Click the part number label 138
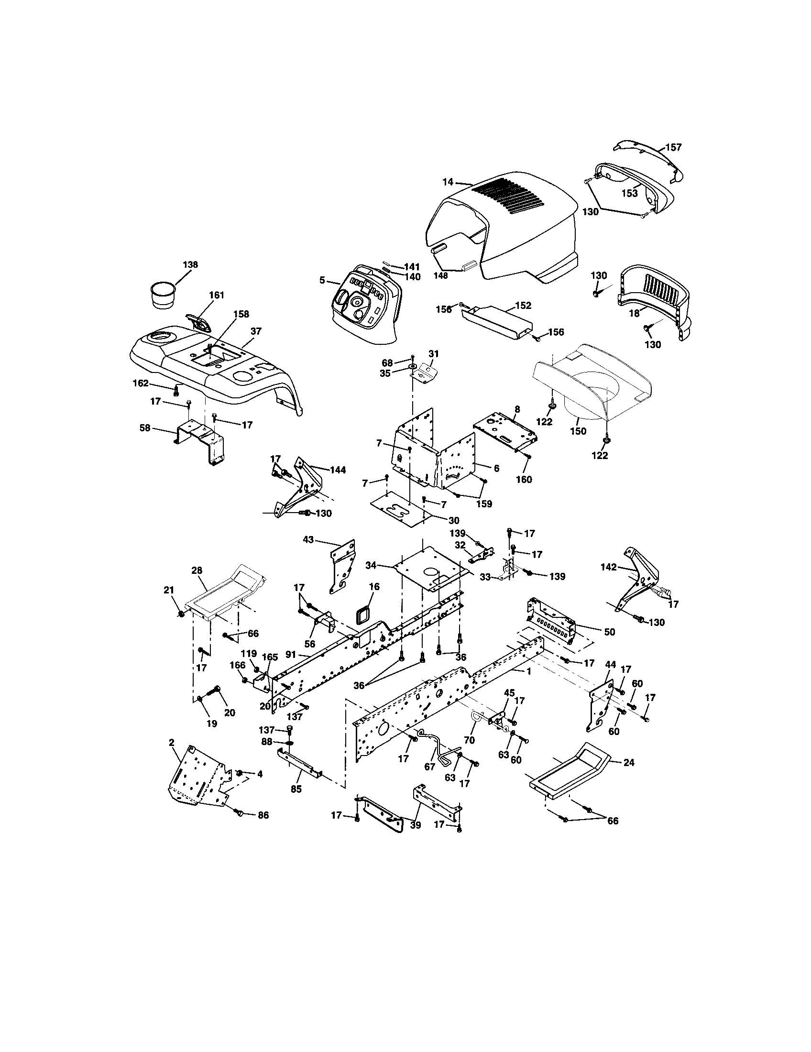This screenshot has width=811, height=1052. tap(190, 264)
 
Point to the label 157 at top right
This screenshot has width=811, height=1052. tap(673, 147)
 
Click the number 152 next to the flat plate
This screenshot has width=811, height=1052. tap(523, 306)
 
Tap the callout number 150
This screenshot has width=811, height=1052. tap(578, 431)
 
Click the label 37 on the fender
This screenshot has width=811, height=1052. tap(256, 331)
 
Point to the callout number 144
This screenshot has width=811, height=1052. tap(338, 470)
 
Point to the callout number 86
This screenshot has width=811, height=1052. tap(263, 815)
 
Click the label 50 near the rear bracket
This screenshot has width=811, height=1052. tap(609, 632)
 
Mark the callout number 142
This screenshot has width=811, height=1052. tap(609, 567)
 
